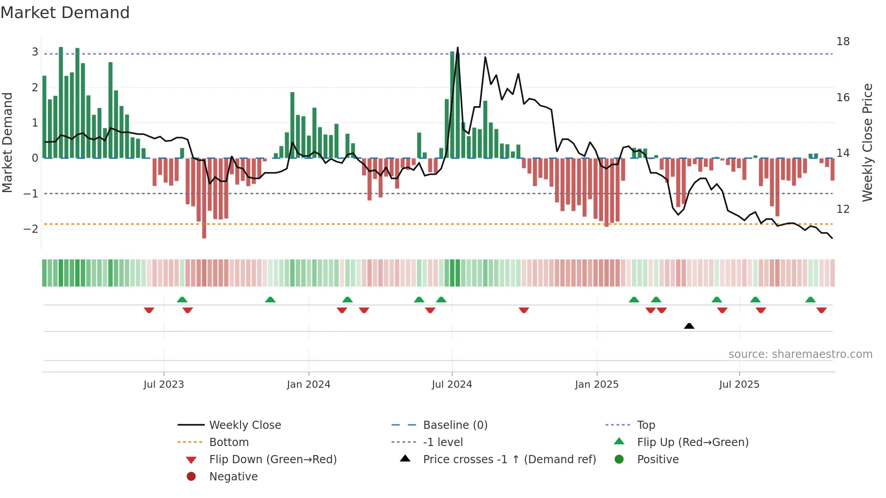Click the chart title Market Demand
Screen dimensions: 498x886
pyautogui.click(x=65, y=13)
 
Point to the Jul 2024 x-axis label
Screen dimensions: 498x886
pyautogui.click(x=452, y=385)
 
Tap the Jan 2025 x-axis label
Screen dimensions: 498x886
pyautogui.click(x=596, y=385)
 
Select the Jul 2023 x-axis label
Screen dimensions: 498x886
pyautogui.click(x=164, y=385)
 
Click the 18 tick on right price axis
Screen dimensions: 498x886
pyautogui.click(x=843, y=42)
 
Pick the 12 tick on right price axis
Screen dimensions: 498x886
pyautogui.click(x=843, y=209)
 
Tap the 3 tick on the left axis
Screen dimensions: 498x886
pyautogui.click(x=35, y=52)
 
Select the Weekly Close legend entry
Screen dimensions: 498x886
pyautogui.click(x=245, y=425)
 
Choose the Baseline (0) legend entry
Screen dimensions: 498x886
pyautogui.click(x=455, y=425)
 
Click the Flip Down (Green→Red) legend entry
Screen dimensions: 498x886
pyautogui.click(x=273, y=460)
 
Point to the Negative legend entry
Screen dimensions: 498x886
pyautogui.click(x=233, y=477)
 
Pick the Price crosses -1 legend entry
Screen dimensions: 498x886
pyautogui.click(x=509, y=460)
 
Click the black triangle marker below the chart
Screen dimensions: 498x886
pyautogui.click(x=689, y=326)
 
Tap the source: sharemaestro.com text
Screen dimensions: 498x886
pyautogui.click(x=800, y=354)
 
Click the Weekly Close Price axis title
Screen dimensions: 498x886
pyautogui.click(x=867, y=142)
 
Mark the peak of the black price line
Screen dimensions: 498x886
pyautogui.click(x=457, y=47)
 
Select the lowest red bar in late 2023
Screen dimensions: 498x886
pyautogui.click(x=204, y=235)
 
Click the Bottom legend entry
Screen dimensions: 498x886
pyautogui.click(x=229, y=442)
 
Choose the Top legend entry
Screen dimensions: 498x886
pyautogui.click(x=646, y=425)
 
